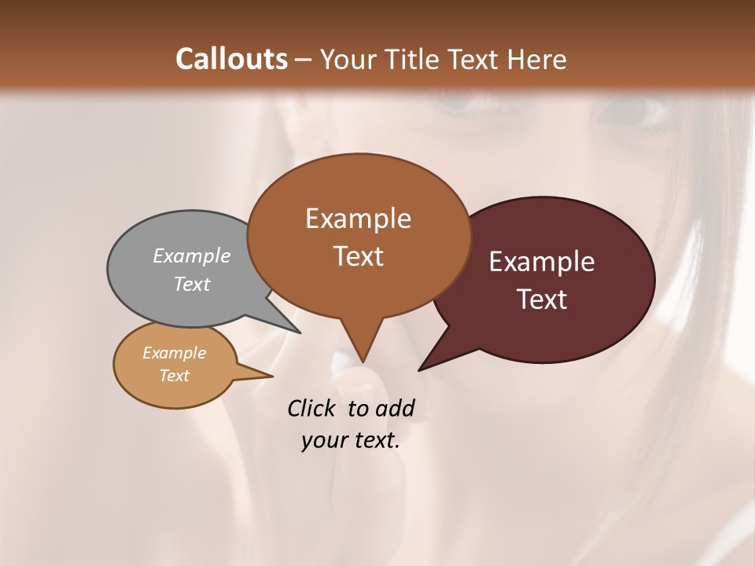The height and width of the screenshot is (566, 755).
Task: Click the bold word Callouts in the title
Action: (231, 59)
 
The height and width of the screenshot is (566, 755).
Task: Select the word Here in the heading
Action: (536, 59)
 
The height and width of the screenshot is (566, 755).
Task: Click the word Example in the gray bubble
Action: (192, 255)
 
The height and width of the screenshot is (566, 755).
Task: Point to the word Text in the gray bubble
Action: (192, 284)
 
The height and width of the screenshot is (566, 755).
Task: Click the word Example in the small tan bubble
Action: (175, 353)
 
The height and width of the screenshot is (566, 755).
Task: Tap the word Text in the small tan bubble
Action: (175, 375)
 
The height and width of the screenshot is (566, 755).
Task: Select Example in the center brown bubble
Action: (358, 219)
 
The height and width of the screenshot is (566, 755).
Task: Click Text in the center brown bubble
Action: (358, 255)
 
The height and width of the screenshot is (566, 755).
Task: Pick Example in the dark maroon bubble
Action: (542, 262)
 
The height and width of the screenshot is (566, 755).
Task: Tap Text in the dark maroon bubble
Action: (542, 299)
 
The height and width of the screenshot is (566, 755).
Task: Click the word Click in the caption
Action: (311, 408)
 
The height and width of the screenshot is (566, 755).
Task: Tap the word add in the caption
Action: (396, 408)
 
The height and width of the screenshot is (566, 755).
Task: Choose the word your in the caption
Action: (323, 440)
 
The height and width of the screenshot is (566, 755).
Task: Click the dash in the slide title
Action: (305, 60)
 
